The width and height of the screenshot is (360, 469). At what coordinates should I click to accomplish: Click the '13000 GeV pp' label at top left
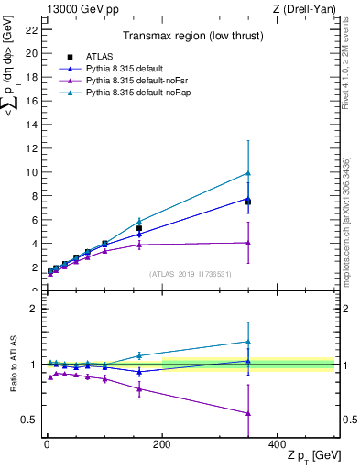pyautogui.click(x=80, y=9)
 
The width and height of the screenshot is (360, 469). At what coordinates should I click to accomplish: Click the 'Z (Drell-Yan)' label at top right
pyautogui.click(x=304, y=9)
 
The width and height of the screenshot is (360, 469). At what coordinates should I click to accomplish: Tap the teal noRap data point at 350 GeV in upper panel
pyautogui.click(x=248, y=173)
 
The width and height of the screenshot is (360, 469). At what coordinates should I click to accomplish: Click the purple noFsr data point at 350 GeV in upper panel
pyautogui.click(x=248, y=243)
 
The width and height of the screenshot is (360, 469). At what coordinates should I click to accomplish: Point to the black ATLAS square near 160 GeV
pyautogui.click(x=139, y=228)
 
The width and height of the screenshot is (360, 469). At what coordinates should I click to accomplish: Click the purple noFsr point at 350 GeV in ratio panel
pyautogui.click(x=248, y=413)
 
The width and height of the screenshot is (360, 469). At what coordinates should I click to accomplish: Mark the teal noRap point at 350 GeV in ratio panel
pyautogui.click(x=248, y=342)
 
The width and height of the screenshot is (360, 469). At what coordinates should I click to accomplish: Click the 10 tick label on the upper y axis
pyautogui.click(x=31, y=172)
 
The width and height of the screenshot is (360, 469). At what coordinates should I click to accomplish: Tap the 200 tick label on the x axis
pyautogui.click(x=161, y=443)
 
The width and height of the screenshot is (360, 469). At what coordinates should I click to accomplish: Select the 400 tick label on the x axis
pyautogui.click(x=277, y=443)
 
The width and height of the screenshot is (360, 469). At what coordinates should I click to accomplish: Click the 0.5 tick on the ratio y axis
pyautogui.click(x=28, y=420)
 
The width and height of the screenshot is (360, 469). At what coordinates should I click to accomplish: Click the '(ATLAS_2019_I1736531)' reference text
pyautogui.click(x=191, y=273)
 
